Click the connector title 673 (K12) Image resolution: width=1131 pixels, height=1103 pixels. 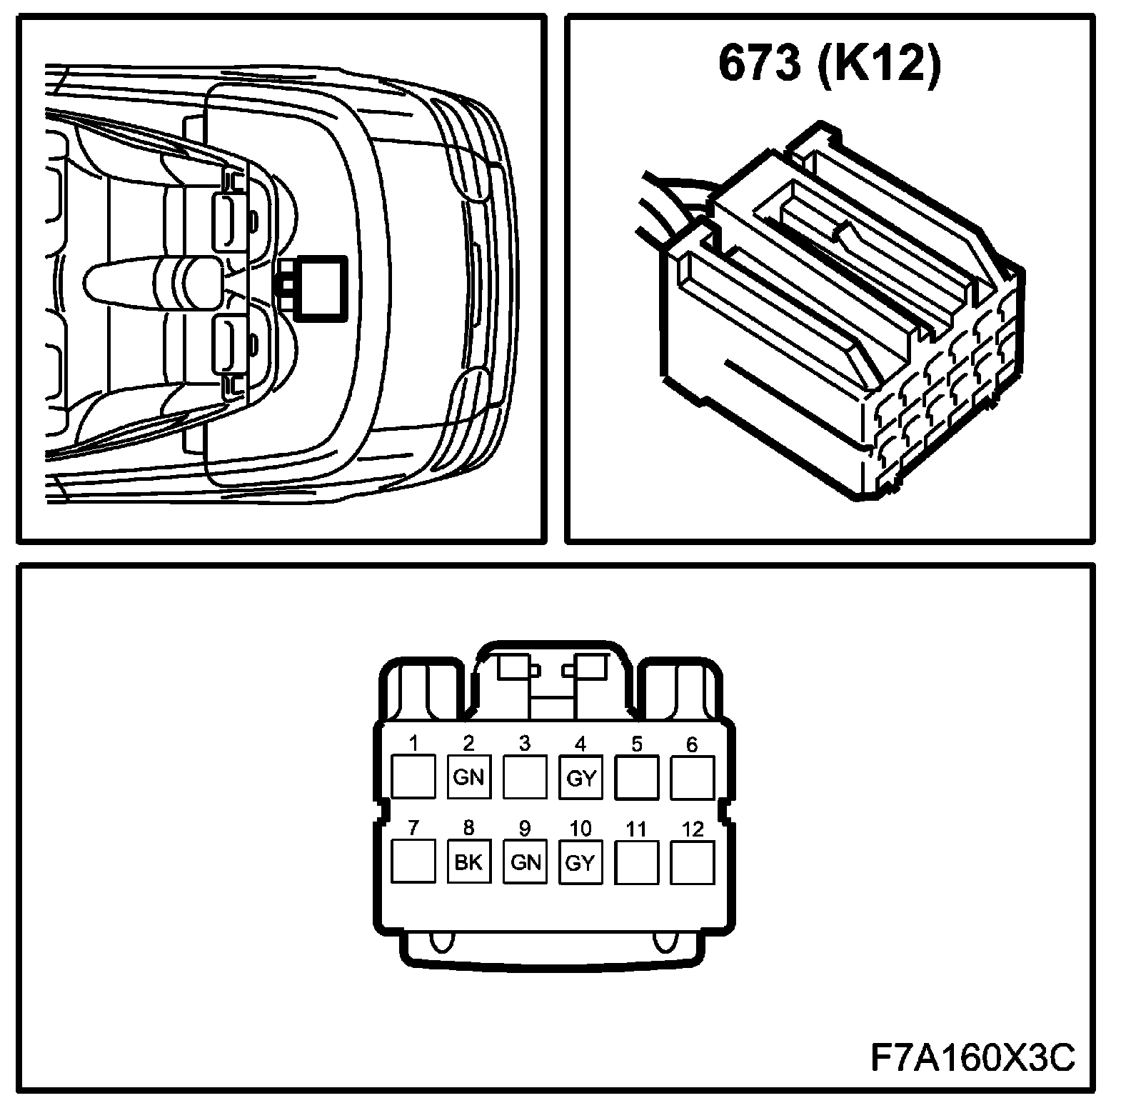(x=829, y=65)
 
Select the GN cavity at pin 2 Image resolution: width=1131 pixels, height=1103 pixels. (x=469, y=777)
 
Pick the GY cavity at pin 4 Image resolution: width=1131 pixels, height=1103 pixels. (x=580, y=777)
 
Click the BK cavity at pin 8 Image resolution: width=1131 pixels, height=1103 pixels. (x=469, y=862)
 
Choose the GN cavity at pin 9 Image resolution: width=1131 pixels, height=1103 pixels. (x=525, y=862)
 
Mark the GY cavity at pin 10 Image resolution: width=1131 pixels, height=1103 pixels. (x=580, y=862)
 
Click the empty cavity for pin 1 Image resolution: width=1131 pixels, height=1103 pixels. (x=413, y=777)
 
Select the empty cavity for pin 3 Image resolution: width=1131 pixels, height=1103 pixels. (x=525, y=777)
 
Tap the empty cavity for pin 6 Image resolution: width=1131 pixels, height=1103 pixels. (x=693, y=777)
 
